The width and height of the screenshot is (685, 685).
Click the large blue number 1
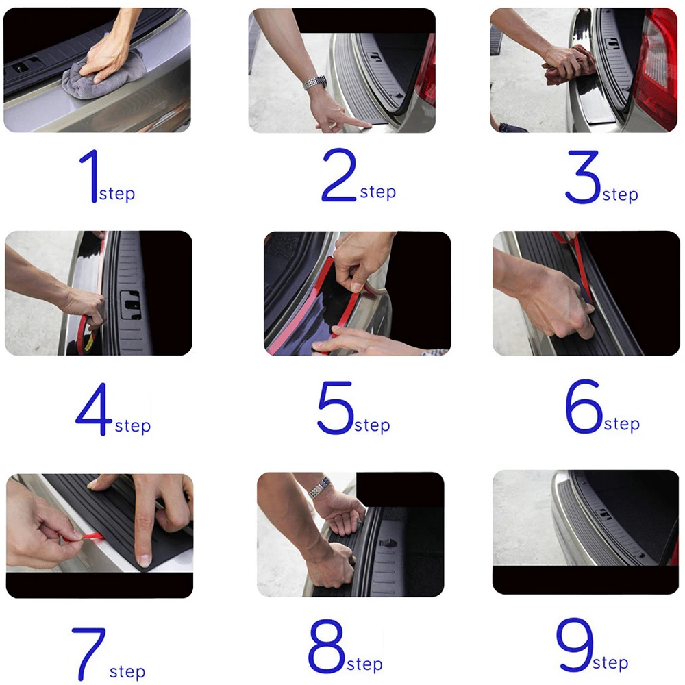pyautogui.click(x=91, y=176)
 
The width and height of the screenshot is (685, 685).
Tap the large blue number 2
pyautogui.click(x=339, y=175)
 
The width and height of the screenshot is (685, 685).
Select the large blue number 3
pyautogui.click(x=583, y=177)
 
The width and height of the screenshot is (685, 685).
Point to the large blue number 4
pyautogui.click(x=95, y=409)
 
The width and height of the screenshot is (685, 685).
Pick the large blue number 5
pyautogui.click(x=336, y=408)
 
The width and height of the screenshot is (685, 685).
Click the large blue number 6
pyautogui.click(x=584, y=406)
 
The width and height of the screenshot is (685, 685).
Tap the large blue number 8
pyautogui.click(x=327, y=646)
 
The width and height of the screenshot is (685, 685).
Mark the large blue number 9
pyautogui.click(x=575, y=645)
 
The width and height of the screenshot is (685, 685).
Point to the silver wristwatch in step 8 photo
pyautogui.click(x=319, y=488)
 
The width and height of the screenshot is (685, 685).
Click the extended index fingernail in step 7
pyautogui.click(x=143, y=560)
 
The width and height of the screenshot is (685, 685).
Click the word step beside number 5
pyautogui.click(x=372, y=426)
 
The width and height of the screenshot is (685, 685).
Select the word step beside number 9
pyautogui.click(x=610, y=663)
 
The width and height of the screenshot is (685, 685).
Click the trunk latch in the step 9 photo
pyautogui.click(x=604, y=514)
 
